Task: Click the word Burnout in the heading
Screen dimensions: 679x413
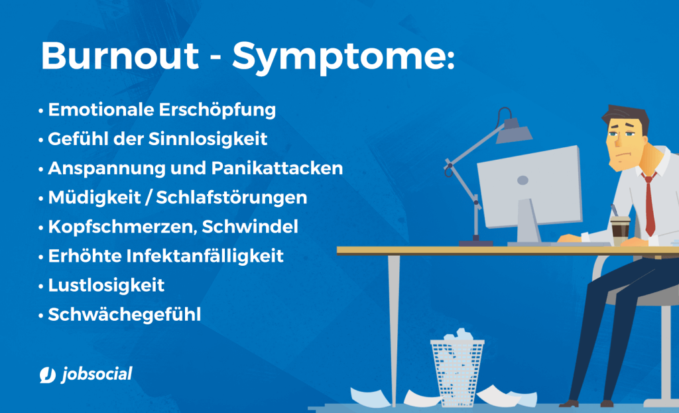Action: point(120,56)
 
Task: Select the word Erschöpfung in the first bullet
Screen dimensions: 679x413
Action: point(217,110)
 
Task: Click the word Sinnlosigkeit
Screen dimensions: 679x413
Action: point(208,139)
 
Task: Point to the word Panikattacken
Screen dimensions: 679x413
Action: point(277,168)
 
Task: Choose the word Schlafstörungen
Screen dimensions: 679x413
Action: point(231,198)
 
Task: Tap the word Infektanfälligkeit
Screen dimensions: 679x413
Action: point(205,256)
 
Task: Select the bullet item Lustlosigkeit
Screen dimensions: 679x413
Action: point(106,285)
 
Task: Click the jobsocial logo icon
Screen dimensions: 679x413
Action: point(48,375)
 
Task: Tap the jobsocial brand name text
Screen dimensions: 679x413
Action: point(97,374)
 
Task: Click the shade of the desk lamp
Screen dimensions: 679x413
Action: point(514,131)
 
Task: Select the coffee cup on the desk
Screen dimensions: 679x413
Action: point(620,230)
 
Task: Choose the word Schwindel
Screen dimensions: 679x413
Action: point(250,227)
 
